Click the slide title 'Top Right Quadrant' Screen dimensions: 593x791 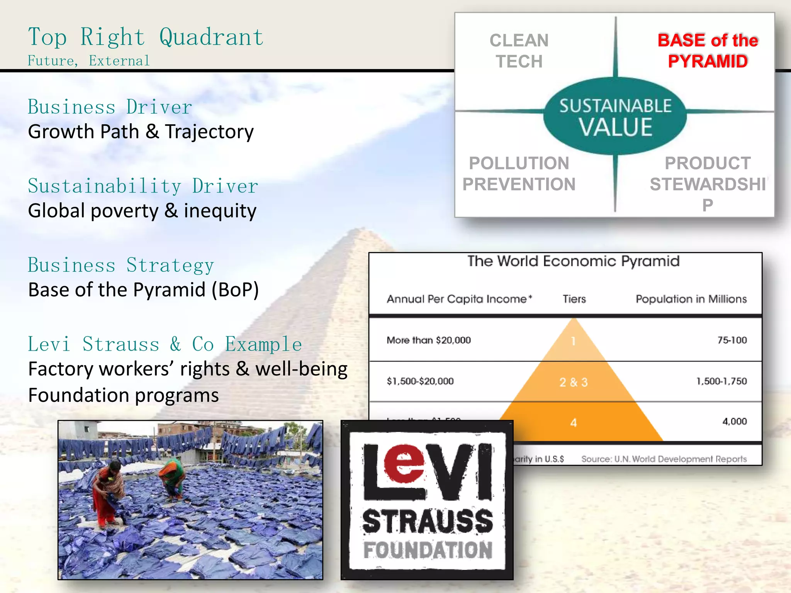coord(146,37)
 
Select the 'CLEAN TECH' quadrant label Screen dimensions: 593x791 coord(519,51)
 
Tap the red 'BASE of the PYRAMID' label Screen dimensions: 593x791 coord(708,51)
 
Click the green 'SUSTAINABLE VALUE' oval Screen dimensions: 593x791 coord(615,116)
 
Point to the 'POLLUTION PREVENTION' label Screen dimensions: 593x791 coord(519,174)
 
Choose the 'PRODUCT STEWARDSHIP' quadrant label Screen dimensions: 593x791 coord(708,184)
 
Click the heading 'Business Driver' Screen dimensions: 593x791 coord(110,107)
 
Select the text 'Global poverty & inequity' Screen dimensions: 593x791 coord(142,211)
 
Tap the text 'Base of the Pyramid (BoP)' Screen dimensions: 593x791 coord(143,290)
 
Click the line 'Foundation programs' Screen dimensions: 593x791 coord(124,395)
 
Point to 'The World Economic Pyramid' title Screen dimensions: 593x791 coord(573,261)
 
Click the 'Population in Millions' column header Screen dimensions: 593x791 coord(691,299)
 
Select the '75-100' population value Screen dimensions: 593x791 coord(732,340)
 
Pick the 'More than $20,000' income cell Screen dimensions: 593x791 coord(429,340)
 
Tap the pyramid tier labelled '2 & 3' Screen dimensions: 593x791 coord(574,382)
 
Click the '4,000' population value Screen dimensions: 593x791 coord(734,421)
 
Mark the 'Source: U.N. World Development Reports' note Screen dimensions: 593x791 coord(664,459)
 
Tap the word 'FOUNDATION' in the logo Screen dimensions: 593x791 coord(428,550)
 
